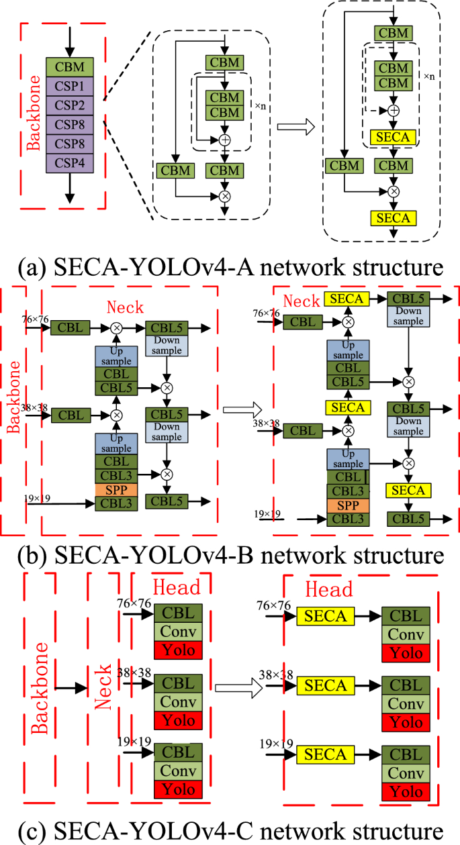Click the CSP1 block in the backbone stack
click(x=70, y=87)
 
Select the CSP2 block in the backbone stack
click(x=70, y=105)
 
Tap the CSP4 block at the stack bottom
click(x=70, y=162)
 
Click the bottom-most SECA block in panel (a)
click(x=393, y=217)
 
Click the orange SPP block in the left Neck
click(x=116, y=490)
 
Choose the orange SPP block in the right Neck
click(x=348, y=503)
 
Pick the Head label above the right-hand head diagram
click(x=328, y=589)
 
